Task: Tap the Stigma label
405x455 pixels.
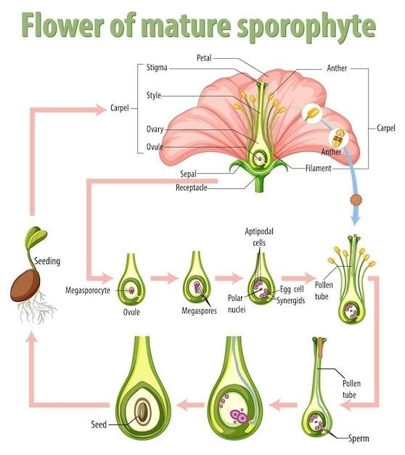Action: [157, 68]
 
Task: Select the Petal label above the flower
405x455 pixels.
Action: [204, 57]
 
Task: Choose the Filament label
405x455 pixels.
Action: [319, 168]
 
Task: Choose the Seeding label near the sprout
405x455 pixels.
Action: [47, 260]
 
